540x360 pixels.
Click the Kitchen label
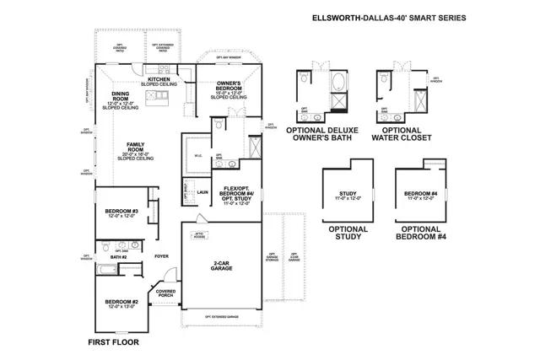(x=160, y=81)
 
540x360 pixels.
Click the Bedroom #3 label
(x=122, y=212)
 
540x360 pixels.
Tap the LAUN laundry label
(x=202, y=192)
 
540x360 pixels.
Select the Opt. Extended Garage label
(x=222, y=317)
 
